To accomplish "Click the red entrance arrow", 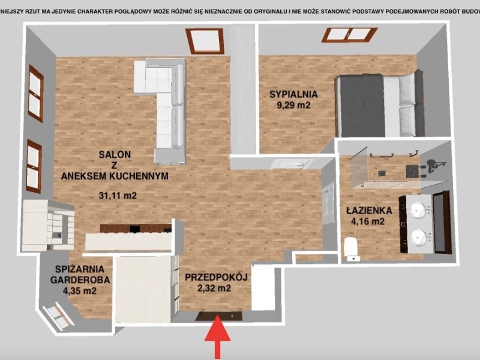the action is pyautogui.click(x=217, y=337).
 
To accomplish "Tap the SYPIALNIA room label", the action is pyautogui.click(x=293, y=94).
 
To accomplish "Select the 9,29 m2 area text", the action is pyautogui.click(x=293, y=106).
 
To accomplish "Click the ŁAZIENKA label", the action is pyautogui.click(x=369, y=211).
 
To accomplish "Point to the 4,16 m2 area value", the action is pyautogui.click(x=368, y=221).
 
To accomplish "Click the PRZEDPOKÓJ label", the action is pyautogui.click(x=216, y=277).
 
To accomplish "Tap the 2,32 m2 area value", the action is pyautogui.click(x=214, y=289).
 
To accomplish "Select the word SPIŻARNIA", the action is pyautogui.click(x=80, y=269).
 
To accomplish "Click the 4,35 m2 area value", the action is pyautogui.click(x=80, y=290).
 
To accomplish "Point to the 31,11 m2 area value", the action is pyautogui.click(x=118, y=196).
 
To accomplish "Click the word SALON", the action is pyautogui.click(x=115, y=155).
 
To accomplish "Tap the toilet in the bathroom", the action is pyautogui.click(x=353, y=250).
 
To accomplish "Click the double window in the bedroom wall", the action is pyautogui.click(x=349, y=35).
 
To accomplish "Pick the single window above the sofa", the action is pyautogui.click(x=205, y=41).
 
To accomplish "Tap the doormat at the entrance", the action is pyautogui.click(x=219, y=316).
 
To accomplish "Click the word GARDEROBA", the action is pyautogui.click(x=80, y=280).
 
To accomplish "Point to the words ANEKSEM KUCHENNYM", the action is pyautogui.click(x=115, y=176).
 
